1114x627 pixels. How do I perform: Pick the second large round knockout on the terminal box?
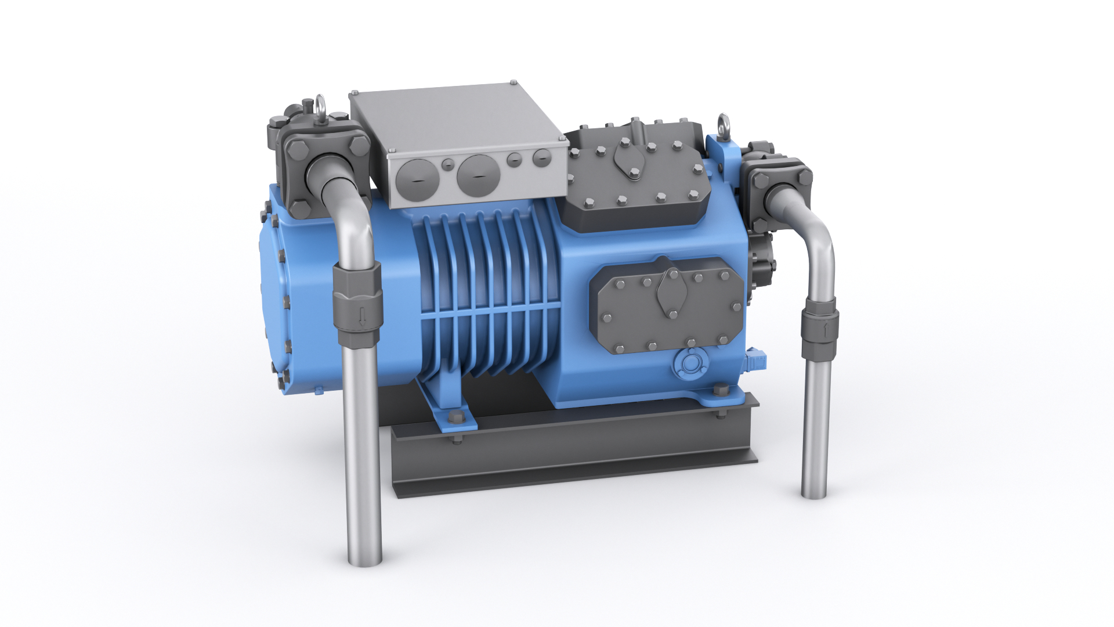click(x=478, y=175)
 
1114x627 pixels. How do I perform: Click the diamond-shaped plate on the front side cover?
click(x=673, y=292)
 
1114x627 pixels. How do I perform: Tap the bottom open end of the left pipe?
click(x=365, y=561)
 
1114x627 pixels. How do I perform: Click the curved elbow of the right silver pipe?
click(x=815, y=232)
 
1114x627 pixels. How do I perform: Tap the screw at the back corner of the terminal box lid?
click(x=513, y=83)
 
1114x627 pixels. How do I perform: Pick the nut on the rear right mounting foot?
click(x=720, y=390)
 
